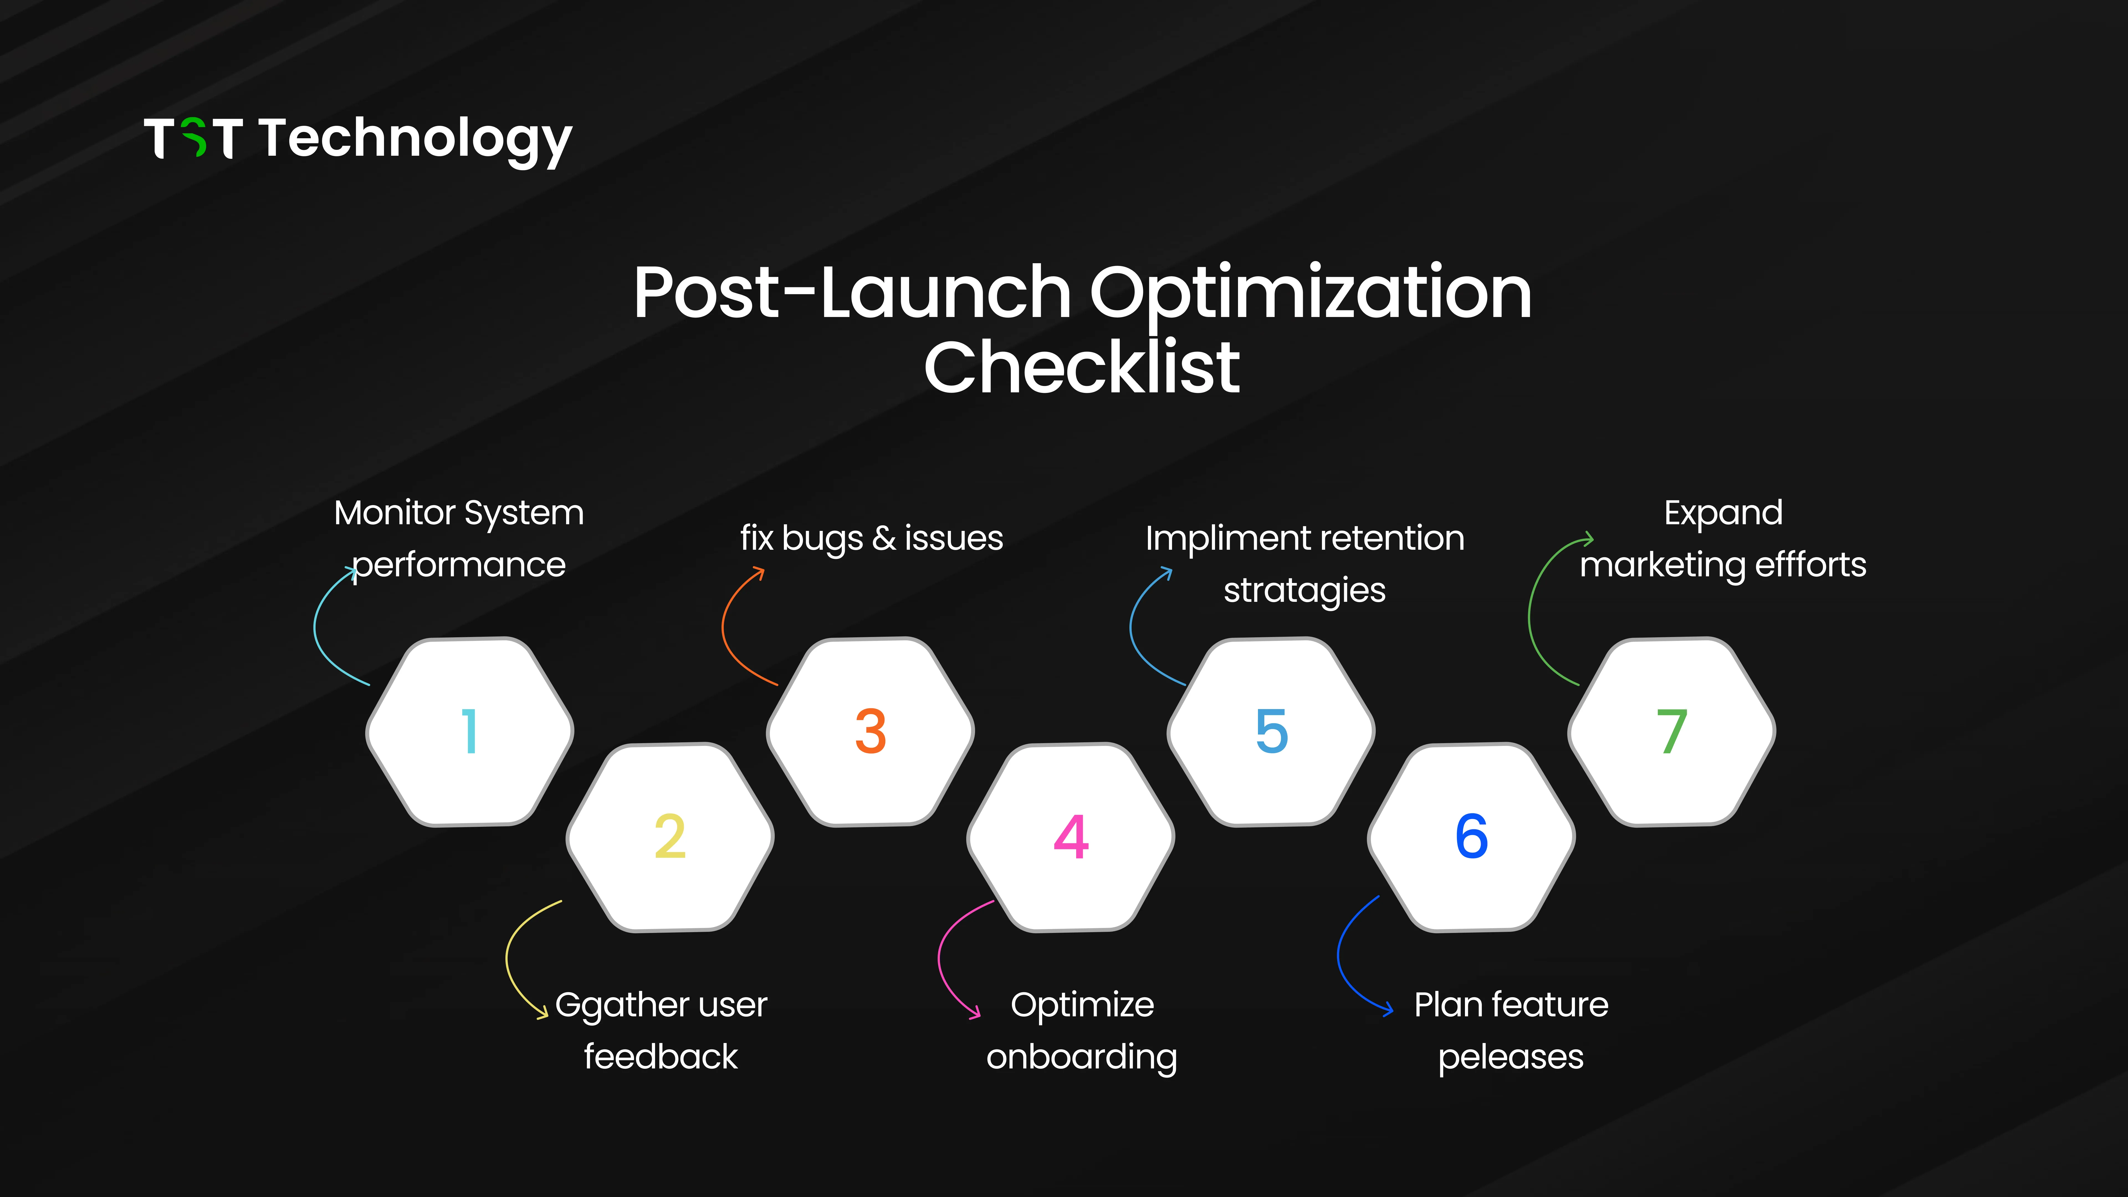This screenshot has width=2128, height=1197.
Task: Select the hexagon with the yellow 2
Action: point(670,837)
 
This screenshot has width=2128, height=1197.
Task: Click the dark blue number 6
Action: point(1471,837)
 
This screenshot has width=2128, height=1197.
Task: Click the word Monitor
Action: point(394,513)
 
